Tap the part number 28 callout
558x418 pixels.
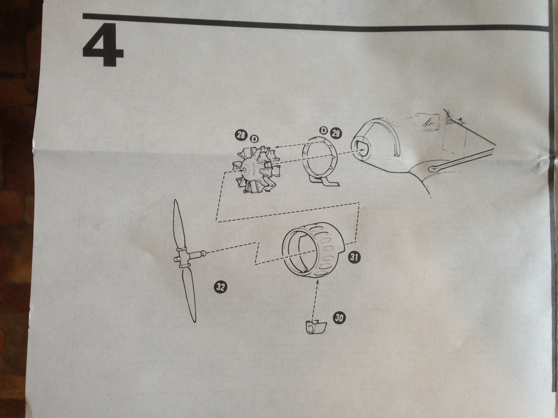pos(241,136)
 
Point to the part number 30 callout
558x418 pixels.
pos(339,318)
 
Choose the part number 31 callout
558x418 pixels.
pos(354,257)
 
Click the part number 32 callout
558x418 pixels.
pos(220,287)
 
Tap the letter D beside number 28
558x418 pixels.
pos(253,139)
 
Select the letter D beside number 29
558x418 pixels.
pos(323,131)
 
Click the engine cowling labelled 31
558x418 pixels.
pos(313,250)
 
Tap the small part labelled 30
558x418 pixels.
pos(316,327)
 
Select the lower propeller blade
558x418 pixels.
pos(189,294)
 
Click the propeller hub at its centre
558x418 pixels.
pos(183,257)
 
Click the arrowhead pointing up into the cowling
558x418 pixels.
pos(316,281)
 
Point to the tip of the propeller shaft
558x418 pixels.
pos(204,253)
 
